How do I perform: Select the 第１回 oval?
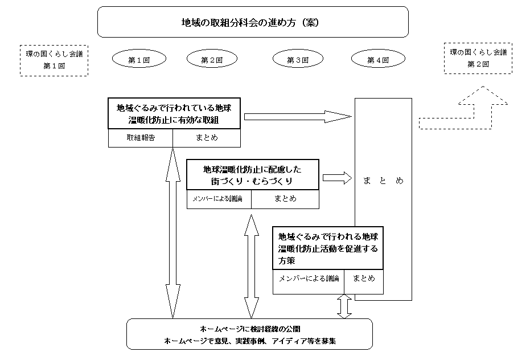139,59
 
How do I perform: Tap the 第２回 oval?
212,59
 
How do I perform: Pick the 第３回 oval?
298,59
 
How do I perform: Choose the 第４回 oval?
378,59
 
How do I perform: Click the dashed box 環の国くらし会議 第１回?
54,60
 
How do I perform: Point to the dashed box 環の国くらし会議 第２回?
478,58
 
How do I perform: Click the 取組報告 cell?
141,138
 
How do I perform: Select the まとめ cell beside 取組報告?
207,138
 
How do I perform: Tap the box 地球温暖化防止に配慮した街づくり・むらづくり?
253,174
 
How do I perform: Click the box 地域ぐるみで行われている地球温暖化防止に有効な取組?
174,114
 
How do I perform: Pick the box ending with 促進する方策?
328,248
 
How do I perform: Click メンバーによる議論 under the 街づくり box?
217,199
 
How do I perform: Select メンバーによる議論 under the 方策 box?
309,279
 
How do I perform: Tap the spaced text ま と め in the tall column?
383,181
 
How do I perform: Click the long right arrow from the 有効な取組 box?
298,117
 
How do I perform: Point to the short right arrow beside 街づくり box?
338,178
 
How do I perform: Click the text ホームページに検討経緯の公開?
250,329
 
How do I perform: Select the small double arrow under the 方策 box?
344,306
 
